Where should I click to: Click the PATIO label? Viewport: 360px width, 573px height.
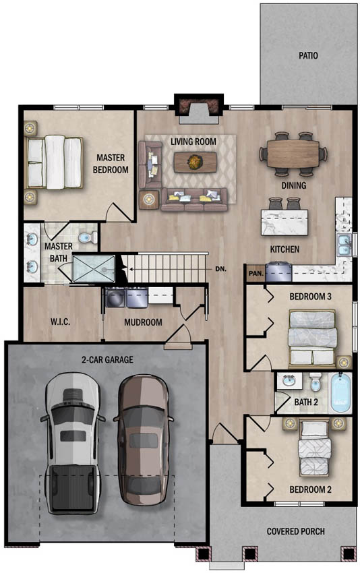(x=308, y=55)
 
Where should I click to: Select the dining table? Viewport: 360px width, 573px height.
(x=293, y=154)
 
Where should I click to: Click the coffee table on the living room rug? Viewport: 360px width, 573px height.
(x=195, y=162)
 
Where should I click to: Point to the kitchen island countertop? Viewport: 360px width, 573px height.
(x=284, y=222)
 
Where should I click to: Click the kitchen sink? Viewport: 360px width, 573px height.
(x=344, y=245)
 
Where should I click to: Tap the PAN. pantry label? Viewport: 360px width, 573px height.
(x=256, y=273)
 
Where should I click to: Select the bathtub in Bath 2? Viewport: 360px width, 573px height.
(x=340, y=393)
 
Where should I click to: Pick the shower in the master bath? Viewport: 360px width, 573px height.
(x=94, y=268)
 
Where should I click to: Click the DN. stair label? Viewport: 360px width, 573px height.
(x=220, y=268)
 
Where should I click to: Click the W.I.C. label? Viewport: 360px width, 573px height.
(x=60, y=322)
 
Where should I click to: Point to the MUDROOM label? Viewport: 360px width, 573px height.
(x=143, y=322)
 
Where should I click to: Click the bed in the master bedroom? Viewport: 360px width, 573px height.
(x=54, y=162)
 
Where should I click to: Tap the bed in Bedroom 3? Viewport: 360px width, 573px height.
(x=312, y=338)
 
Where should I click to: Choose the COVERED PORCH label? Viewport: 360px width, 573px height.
(x=296, y=531)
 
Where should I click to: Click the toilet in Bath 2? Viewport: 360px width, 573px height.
(x=315, y=382)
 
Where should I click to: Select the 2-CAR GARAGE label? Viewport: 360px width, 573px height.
(x=107, y=359)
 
